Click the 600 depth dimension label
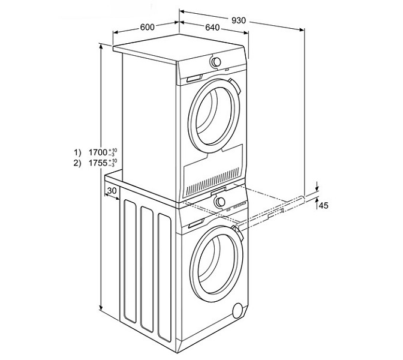(x=148, y=26)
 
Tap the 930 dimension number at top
(x=238, y=20)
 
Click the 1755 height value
(x=98, y=163)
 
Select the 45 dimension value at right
(x=324, y=206)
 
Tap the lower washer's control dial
(x=221, y=202)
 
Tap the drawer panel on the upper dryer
(x=193, y=79)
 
